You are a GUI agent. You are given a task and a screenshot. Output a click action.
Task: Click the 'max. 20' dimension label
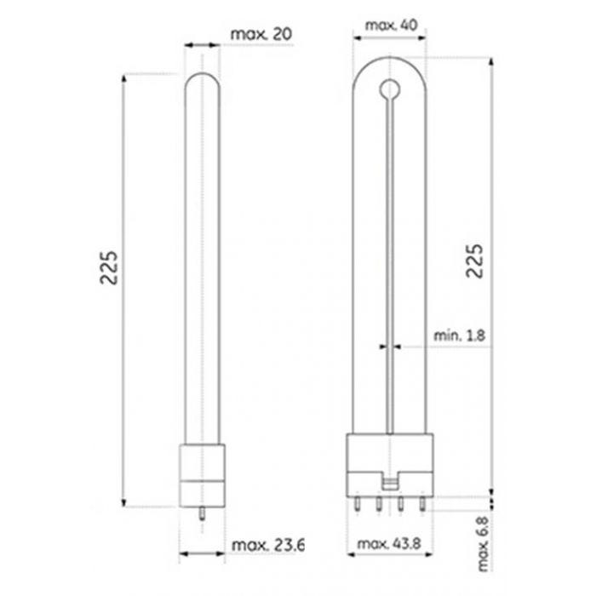pyautogui.click(x=261, y=34)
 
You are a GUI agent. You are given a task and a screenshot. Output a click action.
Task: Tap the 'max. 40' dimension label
pyautogui.click(x=391, y=25)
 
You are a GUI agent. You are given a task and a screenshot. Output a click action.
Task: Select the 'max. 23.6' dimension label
pyautogui.click(x=267, y=545)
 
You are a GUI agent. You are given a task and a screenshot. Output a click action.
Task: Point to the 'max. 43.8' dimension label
pyautogui.click(x=389, y=544)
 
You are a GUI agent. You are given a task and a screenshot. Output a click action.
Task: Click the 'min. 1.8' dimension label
pyautogui.click(x=460, y=335)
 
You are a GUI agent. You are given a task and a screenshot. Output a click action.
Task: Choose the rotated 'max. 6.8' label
pyautogui.click(x=483, y=544)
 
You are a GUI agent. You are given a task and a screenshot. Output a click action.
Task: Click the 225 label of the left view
pyautogui.click(x=109, y=267)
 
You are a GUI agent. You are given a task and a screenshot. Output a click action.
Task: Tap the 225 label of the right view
pyautogui.click(x=475, y=261)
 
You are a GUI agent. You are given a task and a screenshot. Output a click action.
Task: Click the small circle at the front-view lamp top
pyautogui.click(x=390, y=90)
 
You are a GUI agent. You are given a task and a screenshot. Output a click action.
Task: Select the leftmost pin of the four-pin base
pyautogui.click(x=357, y=504)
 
